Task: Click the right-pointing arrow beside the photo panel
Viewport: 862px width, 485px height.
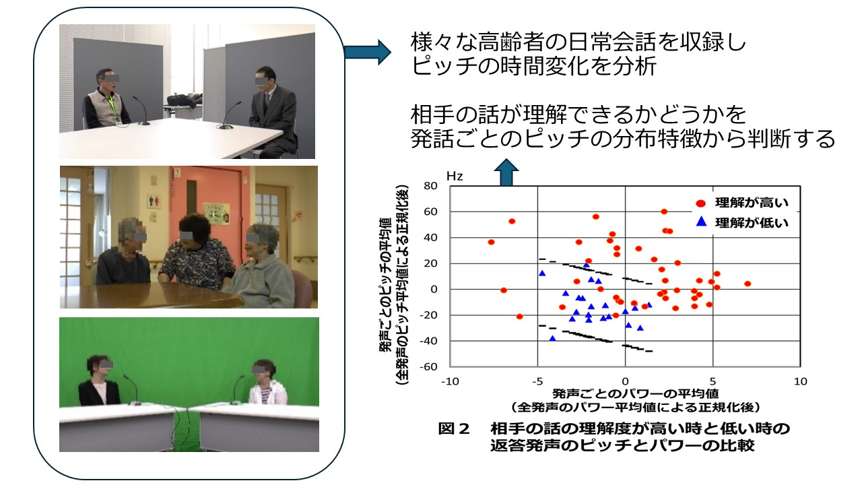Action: click(368, 52)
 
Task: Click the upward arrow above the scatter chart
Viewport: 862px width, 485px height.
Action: click(506, 172)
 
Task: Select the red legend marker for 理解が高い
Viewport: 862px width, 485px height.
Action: click(701, 203)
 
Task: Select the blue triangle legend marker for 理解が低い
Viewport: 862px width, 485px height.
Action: click(702, 222)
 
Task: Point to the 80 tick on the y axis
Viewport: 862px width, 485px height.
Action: click(430, 186)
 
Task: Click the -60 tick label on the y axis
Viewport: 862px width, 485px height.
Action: click(428, 366)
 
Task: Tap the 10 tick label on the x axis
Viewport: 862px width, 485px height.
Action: click(800, 381)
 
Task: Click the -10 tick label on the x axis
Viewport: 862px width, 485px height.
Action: click(450, 381)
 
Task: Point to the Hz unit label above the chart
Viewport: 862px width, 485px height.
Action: click(455, 176)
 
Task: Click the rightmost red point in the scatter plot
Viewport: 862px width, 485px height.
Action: click(748, 284)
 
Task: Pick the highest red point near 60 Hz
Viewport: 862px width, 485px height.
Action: click(664, 212)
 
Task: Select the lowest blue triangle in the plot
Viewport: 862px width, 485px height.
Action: click(553, 338)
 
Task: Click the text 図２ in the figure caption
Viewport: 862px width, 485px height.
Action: click(455, 428)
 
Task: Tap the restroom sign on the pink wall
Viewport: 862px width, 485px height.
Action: click(154, 201)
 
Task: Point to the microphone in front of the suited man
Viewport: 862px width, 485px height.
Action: click(230, 115)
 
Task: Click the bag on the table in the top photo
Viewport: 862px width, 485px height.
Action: click(185, 100)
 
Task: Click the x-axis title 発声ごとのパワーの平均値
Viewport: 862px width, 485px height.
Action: click(636, 393)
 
